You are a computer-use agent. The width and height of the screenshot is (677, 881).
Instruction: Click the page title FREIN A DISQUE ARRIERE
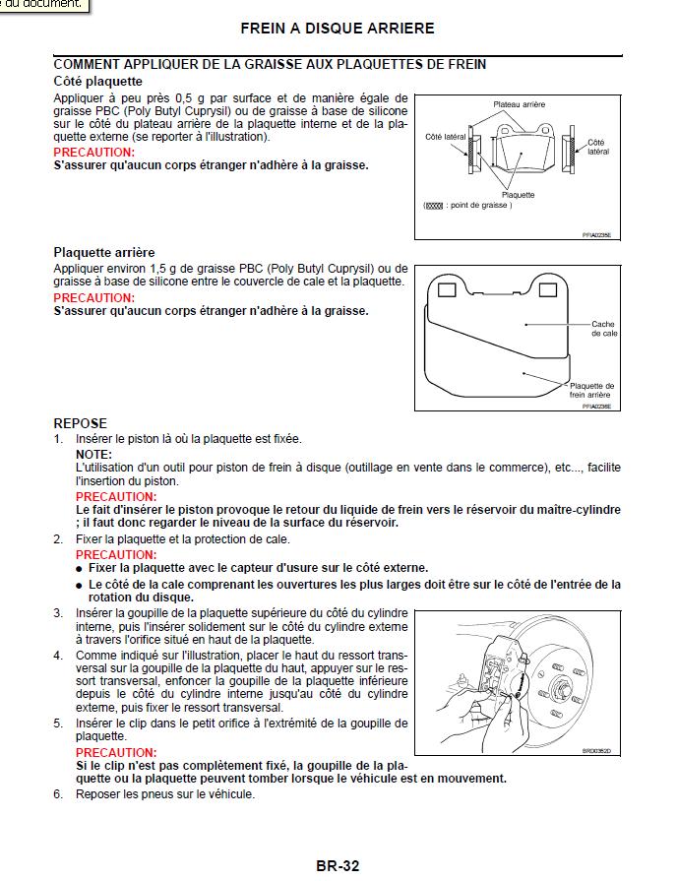pos(338,29)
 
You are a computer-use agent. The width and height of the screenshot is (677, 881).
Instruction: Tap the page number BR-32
pos(338,866)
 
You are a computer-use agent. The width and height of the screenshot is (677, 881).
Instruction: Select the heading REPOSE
pos(80,423)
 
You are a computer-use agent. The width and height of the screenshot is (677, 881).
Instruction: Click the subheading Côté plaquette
pos(97,81)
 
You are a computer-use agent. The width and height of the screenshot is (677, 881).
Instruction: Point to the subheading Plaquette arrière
pos(103,253)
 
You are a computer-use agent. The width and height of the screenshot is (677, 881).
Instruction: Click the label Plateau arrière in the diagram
pos(519,104)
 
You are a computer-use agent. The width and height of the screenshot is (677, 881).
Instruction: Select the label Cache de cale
pos(603,329)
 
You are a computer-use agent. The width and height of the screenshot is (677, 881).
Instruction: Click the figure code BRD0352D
pos(596,751)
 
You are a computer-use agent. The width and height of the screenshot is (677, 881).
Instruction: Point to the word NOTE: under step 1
pos(93,454)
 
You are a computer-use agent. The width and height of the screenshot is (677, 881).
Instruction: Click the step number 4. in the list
pos(58,655)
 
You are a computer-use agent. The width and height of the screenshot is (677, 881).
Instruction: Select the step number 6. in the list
pos(58,793)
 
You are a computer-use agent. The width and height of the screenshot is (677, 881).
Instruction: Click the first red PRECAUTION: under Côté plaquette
pos(93,153)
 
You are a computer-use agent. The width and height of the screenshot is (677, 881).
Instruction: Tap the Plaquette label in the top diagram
pos(518,195)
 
